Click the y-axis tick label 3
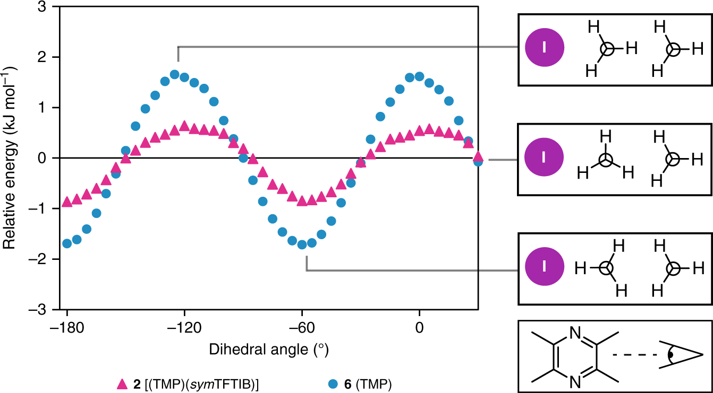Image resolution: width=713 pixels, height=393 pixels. point(47,7)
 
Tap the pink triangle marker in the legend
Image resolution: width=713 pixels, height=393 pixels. point(122,384)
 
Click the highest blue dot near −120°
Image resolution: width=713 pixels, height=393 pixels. point(174,74)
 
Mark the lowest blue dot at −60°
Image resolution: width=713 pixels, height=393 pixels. point(302,244)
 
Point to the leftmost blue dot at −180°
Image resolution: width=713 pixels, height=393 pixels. point(67,243)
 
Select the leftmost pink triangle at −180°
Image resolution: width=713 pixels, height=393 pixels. point(67,202)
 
